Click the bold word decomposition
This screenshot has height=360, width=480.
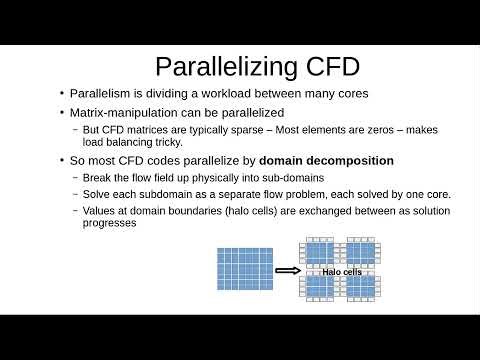point(344,160)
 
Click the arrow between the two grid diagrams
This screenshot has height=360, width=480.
point(288,270)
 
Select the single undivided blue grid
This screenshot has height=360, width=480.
point(243,270)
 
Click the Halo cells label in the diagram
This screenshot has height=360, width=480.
point(342,271)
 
